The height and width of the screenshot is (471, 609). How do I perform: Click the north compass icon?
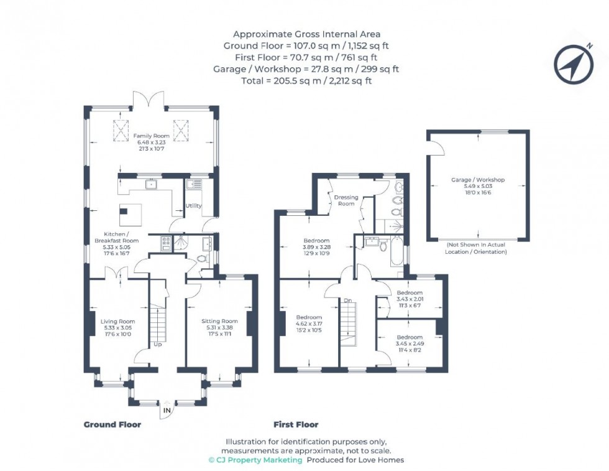(x=574, y=63)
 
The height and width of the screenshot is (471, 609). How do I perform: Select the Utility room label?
(x=193, y=206)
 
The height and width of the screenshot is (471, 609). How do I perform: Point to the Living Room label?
(x=117, y=322)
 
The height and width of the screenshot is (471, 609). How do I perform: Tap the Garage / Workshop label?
(x=477, y=180)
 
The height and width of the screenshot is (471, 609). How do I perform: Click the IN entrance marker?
(x=167, y=411)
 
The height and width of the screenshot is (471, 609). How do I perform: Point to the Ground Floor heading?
(x=112, y=425)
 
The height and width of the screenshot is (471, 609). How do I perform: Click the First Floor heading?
(x=296, y=425)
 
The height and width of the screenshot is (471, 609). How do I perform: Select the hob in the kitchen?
(x=166, y=244)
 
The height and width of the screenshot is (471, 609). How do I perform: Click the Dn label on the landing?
(x=347, y=301)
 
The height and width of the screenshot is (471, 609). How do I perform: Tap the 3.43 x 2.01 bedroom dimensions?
(x=410, y=299)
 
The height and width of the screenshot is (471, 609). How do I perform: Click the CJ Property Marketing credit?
(x=255, y=460)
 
